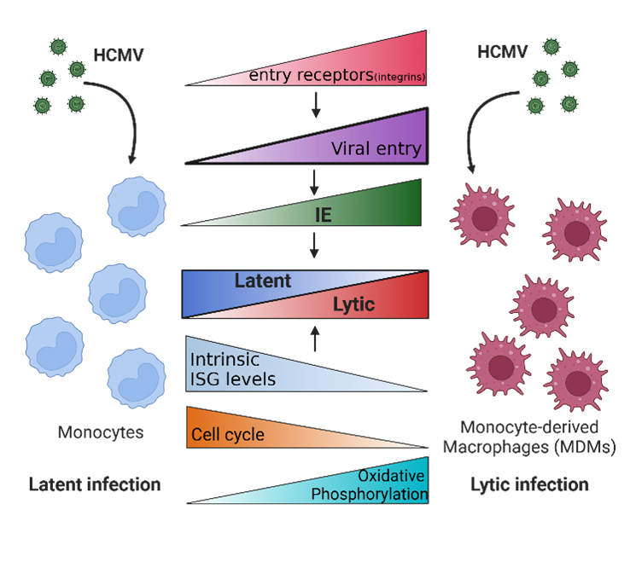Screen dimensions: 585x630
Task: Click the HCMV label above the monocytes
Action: pyautogui.click(x=119, y=56)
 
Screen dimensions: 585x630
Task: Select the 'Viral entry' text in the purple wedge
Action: pyautogui.click(x=376, y=149)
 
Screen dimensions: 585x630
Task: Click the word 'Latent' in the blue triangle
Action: pyautogui.click(x=263, y=281)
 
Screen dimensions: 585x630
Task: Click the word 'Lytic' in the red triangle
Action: pyautogui.click(x=353, y=304)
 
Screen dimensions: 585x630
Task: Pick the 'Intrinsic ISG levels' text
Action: pyautogui.click(x=232, y=368)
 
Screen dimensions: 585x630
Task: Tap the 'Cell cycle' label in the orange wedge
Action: pyautogui.click(x=227, y=434)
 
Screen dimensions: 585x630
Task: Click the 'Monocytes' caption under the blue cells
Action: pyautogui.click(x=100, y=432)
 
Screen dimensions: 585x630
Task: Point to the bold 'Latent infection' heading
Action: pyautogui.click(x=94, y=484)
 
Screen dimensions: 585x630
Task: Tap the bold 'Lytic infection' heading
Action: pyautogui.click(x=529, y=484)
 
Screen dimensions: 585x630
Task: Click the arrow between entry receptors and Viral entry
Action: pyautogui.click(x=315, y=103)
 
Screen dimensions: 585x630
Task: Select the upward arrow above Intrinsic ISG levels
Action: pyautogui.click(x=315, y=339)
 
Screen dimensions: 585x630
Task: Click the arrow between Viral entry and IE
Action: pyautogui.click(x=315, y=180)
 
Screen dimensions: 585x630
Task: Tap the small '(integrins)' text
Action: pyautogui.click(x=400, y=78)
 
